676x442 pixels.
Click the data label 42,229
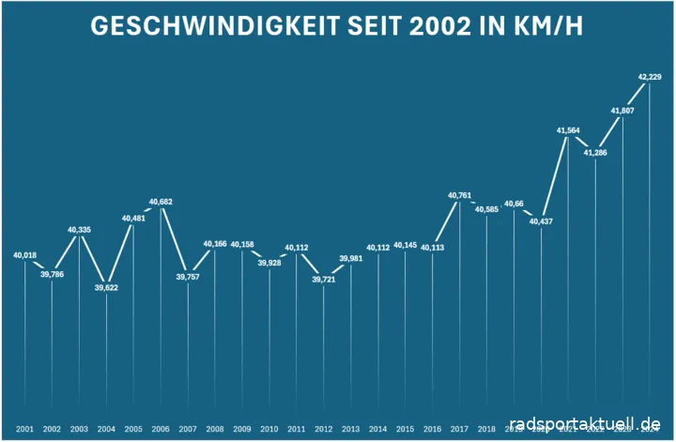tap(649, 76)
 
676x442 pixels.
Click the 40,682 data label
tap(161, 202)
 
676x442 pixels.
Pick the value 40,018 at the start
tap(25, 255)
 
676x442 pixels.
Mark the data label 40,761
tap(460, 195)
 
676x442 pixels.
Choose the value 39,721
tap(324, 280)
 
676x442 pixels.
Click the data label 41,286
tap(595, 152)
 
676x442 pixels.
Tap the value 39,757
tap(188, 277)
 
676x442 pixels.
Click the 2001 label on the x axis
tap(25, 429)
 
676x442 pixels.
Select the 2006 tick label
tap(161, 429)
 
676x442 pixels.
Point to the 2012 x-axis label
tap(324, 429)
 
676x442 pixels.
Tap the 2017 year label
tap(460, 429)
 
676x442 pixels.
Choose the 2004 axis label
tap(106, 429)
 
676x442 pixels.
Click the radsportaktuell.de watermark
tap(588, 425)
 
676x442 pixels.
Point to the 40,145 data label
tap(406, 246)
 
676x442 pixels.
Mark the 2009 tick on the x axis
tap(242, 429)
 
